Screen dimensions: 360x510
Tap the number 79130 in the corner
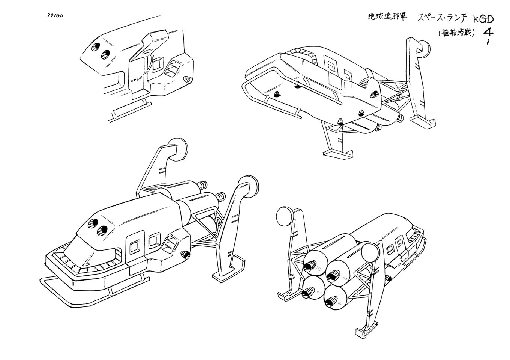(55, 15)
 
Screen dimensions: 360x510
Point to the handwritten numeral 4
(488, 31)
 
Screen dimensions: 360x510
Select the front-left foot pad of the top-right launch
(337, 152)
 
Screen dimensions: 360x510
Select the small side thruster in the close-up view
(187, 80)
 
